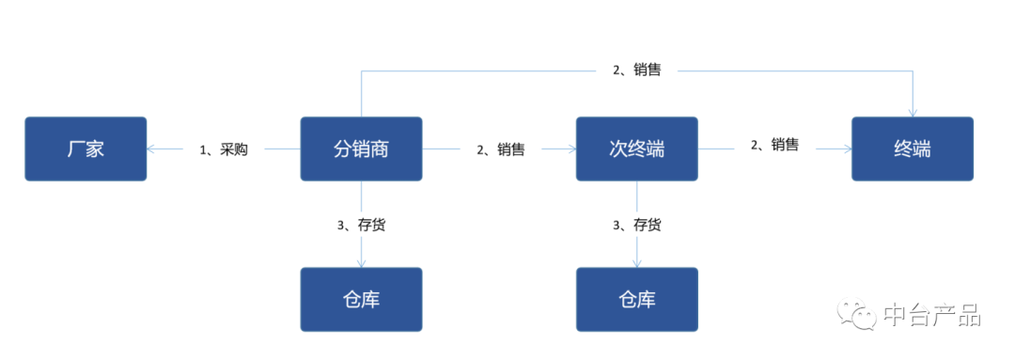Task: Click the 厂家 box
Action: coord(86,149)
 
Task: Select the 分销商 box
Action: coord(361,149)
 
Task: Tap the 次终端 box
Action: coord(636,149)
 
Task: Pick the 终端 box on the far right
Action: coord(913,149)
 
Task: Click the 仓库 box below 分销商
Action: coord(361,299)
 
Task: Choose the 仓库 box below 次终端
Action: coord(636,299)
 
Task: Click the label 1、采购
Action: coord(224,149)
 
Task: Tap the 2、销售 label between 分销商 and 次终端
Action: coord(500,149)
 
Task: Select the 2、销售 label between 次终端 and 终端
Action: coord(774,145)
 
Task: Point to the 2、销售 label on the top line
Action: coord(636,70)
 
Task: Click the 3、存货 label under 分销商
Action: coord(360,225)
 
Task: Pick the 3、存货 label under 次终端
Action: coord(636,225)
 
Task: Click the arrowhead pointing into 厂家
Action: coord(152,149)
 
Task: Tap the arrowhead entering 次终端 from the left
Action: coord(570,149)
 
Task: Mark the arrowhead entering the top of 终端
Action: coord(913,112)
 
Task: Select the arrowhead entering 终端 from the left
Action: coord(846,149)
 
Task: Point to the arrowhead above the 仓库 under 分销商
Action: coord(361,262)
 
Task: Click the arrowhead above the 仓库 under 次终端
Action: coord(636,262)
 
